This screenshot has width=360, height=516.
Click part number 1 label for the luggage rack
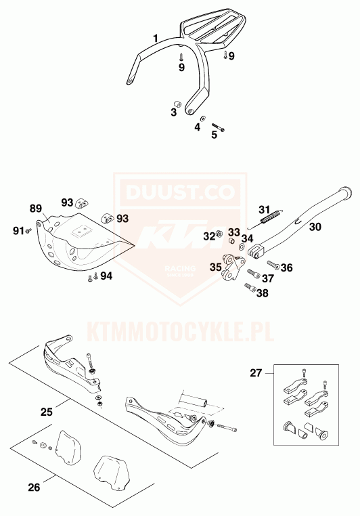coord(156,39)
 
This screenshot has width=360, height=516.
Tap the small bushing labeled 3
coord(178,104)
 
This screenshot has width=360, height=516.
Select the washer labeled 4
coord(203,118)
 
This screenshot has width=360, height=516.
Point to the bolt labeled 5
coord(218,127)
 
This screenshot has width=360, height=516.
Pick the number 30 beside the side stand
coord(315,227)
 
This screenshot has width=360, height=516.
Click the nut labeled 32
coord(219,234)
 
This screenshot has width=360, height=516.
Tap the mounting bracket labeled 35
coord(233,267)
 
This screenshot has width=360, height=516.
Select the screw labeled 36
coord(273,265)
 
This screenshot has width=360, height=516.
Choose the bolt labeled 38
coord(250,287)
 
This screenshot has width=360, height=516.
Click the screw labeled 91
coord(28,232)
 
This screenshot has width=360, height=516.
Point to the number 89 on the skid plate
coord(36,209)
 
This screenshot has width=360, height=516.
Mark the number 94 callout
coord(106,276)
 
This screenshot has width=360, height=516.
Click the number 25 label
coord(47,412)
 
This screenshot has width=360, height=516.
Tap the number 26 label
coord(34,487)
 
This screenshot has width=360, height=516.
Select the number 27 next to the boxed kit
coord(256,373)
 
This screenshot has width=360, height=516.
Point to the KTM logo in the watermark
coord(179,235)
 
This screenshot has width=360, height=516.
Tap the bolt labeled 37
coord(254,273)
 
